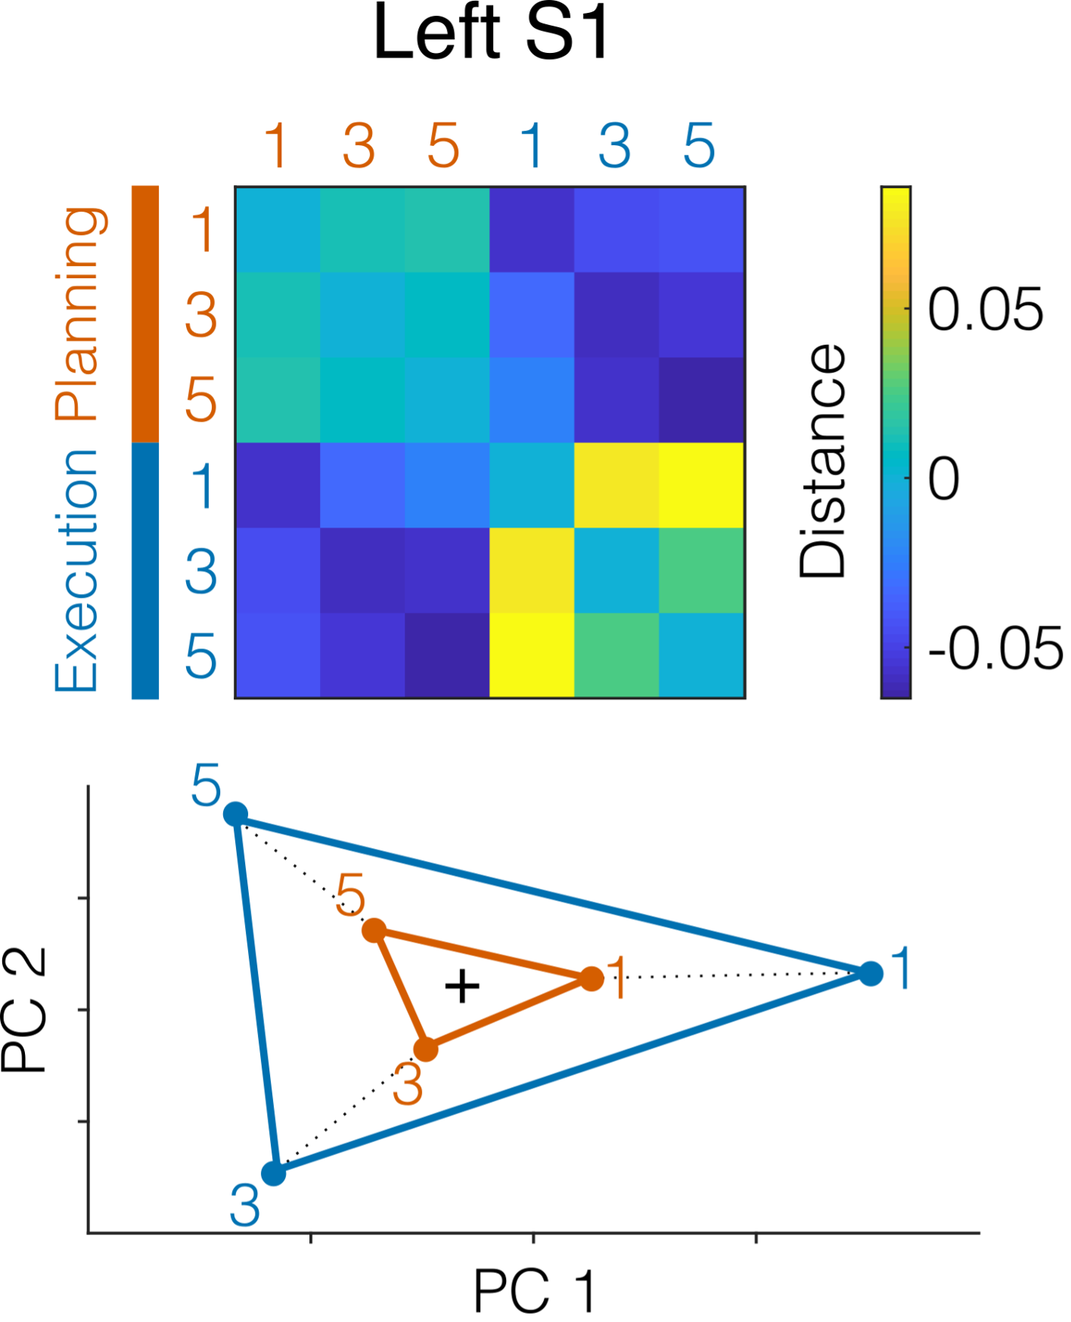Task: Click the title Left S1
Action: click(x=492, y=34)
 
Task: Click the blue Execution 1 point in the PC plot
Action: click(x=871, y=974)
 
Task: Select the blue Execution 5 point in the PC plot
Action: click(x=236, y=814)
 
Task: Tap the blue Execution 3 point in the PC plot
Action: click(x=274, y=1173)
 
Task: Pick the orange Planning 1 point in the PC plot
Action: click(x=592, y=979)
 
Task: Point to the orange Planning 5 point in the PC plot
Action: click(x=374, y=930)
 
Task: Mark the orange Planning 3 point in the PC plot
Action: click(x=427, y=1049)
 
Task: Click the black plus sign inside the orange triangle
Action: click(x=462, y=986)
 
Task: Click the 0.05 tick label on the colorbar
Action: click(x=985, y=310)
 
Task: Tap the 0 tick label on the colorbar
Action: click(x=943, y=479)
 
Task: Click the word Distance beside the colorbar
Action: click(x=823, y=461)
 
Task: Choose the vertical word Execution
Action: click(x=76, y=571)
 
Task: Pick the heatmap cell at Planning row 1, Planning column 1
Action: click(x=278, y=229)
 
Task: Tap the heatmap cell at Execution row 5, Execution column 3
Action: click(x=616, y=655)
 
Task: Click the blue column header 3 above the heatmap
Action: click(x=614, y=145)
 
